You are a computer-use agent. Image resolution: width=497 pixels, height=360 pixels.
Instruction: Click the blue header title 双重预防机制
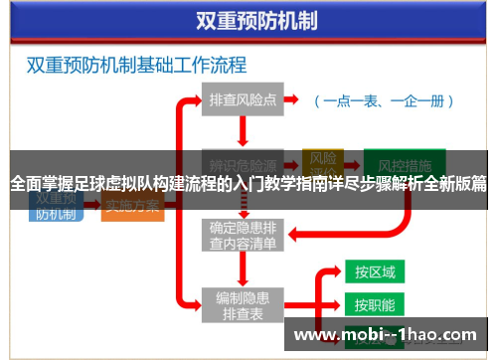(x=249, y=21)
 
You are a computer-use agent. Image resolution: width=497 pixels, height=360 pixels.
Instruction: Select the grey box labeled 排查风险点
(x=243, y=100)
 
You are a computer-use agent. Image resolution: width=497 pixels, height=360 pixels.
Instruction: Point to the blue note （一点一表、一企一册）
(x=384, y=100)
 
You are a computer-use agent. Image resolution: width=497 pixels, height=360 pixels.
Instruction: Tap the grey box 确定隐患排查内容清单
(x=243, y=233)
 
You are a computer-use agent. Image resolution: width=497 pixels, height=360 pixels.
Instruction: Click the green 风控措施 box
(x=397, y=163)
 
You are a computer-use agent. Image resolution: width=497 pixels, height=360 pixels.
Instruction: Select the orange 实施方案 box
(x=133, y=206)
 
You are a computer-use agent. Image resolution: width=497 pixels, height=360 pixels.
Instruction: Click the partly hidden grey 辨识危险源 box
(x=243, y=163)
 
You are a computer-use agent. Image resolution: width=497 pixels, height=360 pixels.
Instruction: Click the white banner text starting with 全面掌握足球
(x=248, y=184)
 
